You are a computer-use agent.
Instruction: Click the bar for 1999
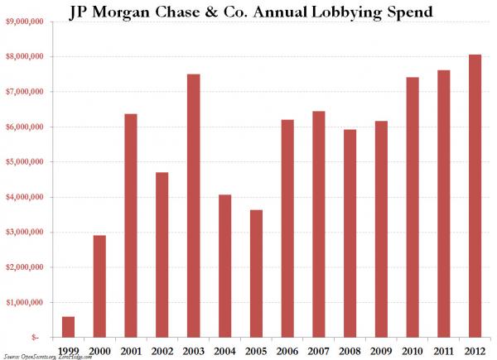point(68,327)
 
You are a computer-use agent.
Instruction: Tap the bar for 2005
point(256,273)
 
